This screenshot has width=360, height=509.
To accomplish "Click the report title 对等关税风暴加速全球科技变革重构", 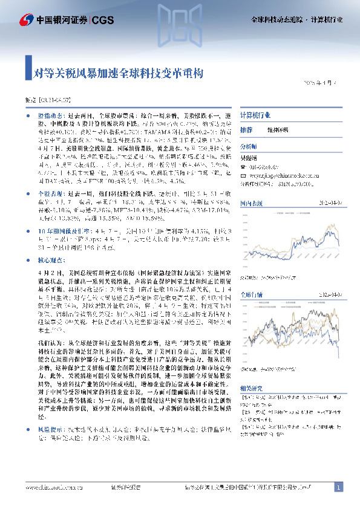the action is (119, 74).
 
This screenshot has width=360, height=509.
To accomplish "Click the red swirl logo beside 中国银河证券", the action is (25, 20).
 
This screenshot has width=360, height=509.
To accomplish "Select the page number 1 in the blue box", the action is (339, 487).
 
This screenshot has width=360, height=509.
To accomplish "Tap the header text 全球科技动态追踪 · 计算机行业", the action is (296, 20).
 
